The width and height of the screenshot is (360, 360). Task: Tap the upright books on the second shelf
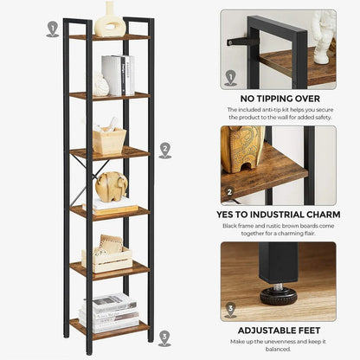tap(118, 75)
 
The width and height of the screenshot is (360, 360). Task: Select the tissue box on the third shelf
tap(109, 138)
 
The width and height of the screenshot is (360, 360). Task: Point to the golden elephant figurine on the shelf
tap(111, 185)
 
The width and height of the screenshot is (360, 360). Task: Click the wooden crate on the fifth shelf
tap(107, 256)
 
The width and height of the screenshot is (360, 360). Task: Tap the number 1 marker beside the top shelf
tap(53, 29)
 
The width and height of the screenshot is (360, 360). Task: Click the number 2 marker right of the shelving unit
tap(164, 151)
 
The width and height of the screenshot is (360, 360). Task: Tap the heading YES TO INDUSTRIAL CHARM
tap(278, 213)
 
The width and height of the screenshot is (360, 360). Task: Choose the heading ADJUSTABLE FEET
tap(278, 330)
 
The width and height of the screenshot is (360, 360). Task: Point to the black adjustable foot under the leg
tap(278, 294)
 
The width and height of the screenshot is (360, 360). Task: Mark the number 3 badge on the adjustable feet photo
tap(230, 310)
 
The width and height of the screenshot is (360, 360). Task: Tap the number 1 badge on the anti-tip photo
tap(230, 78)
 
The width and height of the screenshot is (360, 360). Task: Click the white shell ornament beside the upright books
tap(100, 85)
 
